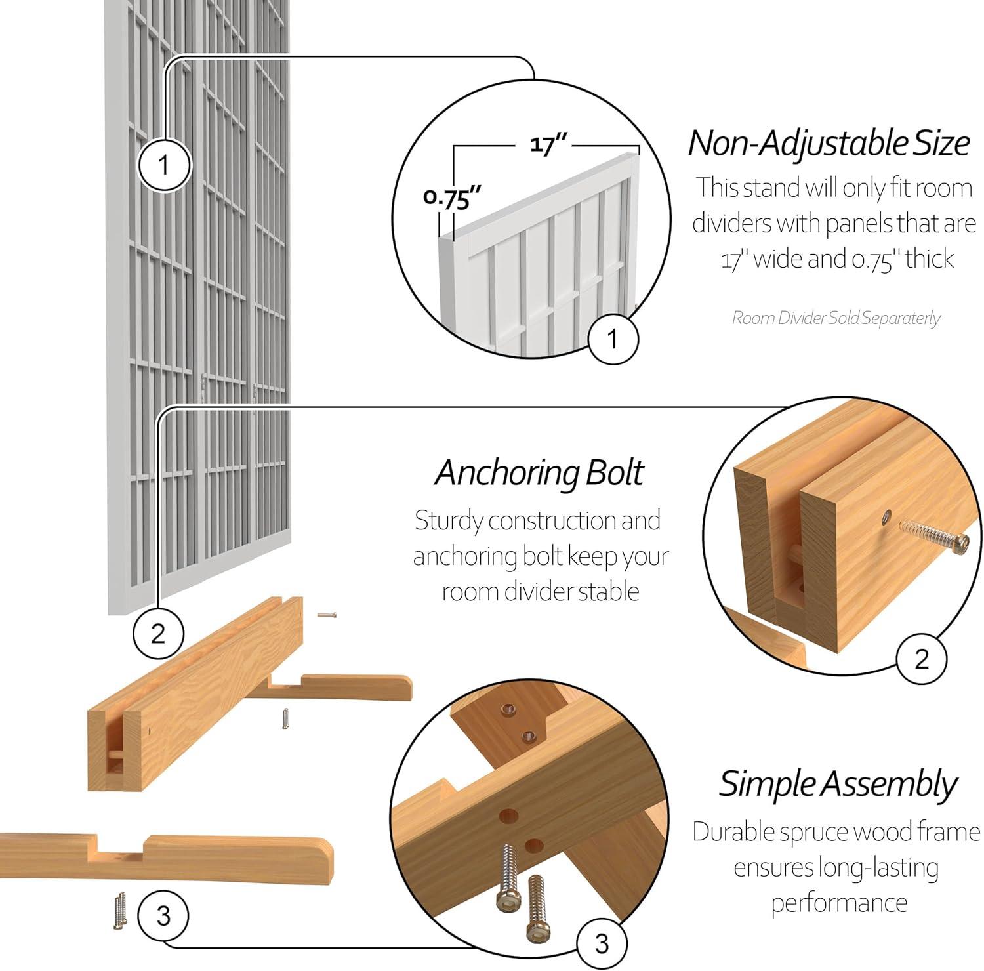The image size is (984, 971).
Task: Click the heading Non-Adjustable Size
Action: pos(829,143)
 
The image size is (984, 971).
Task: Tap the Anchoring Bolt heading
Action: pos(539,472)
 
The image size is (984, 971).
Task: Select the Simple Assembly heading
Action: pos(838,783)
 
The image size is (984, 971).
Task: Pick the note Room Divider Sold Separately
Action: pos(836,318)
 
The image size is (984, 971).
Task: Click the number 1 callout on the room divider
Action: pos(164,165)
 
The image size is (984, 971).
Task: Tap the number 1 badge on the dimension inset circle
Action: pos(613,339)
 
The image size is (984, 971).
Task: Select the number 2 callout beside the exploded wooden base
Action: pos(158,634)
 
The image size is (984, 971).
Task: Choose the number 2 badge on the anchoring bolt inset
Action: pos(922,659)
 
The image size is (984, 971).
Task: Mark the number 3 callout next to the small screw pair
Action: pos(163,915)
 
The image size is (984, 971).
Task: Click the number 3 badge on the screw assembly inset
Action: pos(602,943)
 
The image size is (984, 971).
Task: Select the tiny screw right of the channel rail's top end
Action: pos(326,615)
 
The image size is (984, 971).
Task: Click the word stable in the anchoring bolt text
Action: pos(605,591)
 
